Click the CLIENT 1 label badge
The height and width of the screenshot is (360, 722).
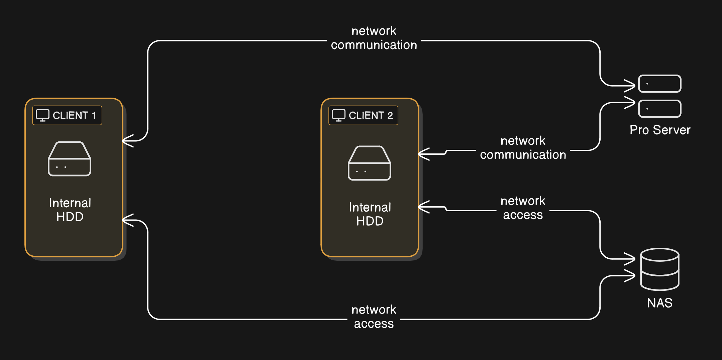[x=67, y=115]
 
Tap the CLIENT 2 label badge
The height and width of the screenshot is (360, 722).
[x=363, y=115]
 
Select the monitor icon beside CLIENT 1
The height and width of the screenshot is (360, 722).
[x=42, y=115]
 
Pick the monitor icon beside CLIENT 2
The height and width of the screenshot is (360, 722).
[x=338, y=115]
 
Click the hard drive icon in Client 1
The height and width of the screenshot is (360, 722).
[x=70, y=159]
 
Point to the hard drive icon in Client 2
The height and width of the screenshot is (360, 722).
[x=370, y=163]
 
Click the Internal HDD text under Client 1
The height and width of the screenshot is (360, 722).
[x=70, y=210]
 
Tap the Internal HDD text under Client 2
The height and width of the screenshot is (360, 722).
[x=370, y=214]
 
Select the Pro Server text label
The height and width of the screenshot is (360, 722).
[x=660, y=130]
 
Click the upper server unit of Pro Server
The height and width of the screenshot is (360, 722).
[x=660, y=84]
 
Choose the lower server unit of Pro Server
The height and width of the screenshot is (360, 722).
[x=660, y=109]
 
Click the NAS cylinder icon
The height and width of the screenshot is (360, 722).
[x=659, y=269]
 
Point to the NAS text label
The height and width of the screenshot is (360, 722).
[x=659, y=303]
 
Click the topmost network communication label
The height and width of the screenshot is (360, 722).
[x=374, y=38]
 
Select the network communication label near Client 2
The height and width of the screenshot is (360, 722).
[x=523, y=148]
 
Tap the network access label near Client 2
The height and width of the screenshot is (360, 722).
[x=523, y=208]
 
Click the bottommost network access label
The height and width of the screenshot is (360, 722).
[x=374, y=317]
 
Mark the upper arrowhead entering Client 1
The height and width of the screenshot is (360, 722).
[x=127, y=141]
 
